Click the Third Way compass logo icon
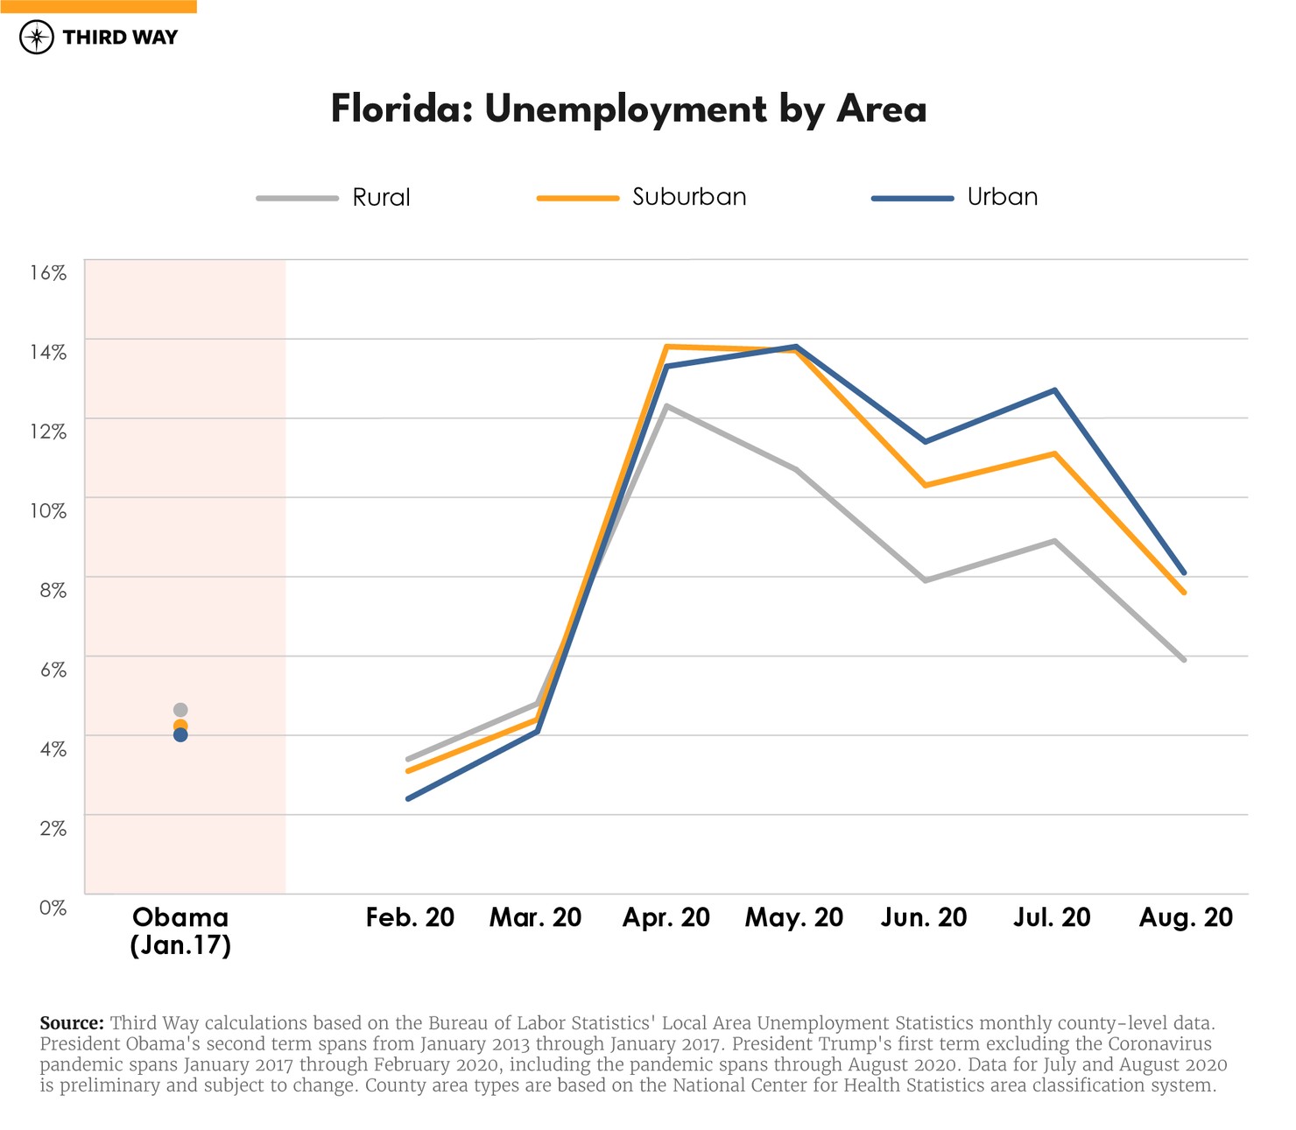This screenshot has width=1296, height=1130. pyautogui.click(x=37, y=38)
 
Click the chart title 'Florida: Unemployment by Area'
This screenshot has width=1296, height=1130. pyautogui.click(x=628, y=109)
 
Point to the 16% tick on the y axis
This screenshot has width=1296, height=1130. pyautogui.click(x=48, y=272)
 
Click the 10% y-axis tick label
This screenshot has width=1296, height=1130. pyautogui.click(x=48, y=510)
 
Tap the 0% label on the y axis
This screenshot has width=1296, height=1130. pyautogui.click(x=53, y=908)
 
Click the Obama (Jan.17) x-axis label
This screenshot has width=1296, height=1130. pyautogui.click(x=180, y=930)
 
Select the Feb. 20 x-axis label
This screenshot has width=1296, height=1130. pyautogui.click(x=410, y=917)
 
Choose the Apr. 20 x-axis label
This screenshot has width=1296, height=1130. pyautogui.click(x=666, y=917)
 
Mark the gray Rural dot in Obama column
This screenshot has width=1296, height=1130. pyautogui.click(x=180, y=710)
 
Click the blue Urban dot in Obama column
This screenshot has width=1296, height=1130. pyautogui.click(x=180, y=735)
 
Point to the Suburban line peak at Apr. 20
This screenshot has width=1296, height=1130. pyautogui.click(x=667, y=347)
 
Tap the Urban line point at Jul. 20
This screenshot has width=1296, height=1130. pyautogui.click(x=1055, y=390)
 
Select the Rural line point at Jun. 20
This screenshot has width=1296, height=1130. pyautogui.click(x=925, y=580)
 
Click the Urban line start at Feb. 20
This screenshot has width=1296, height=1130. pyautogui.click(x=408, y=798)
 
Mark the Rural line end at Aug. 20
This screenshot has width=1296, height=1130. pyautogui.click(x=1184, y=660)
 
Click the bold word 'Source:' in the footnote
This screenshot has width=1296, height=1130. pyautogui.click(x=72, y=1023)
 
